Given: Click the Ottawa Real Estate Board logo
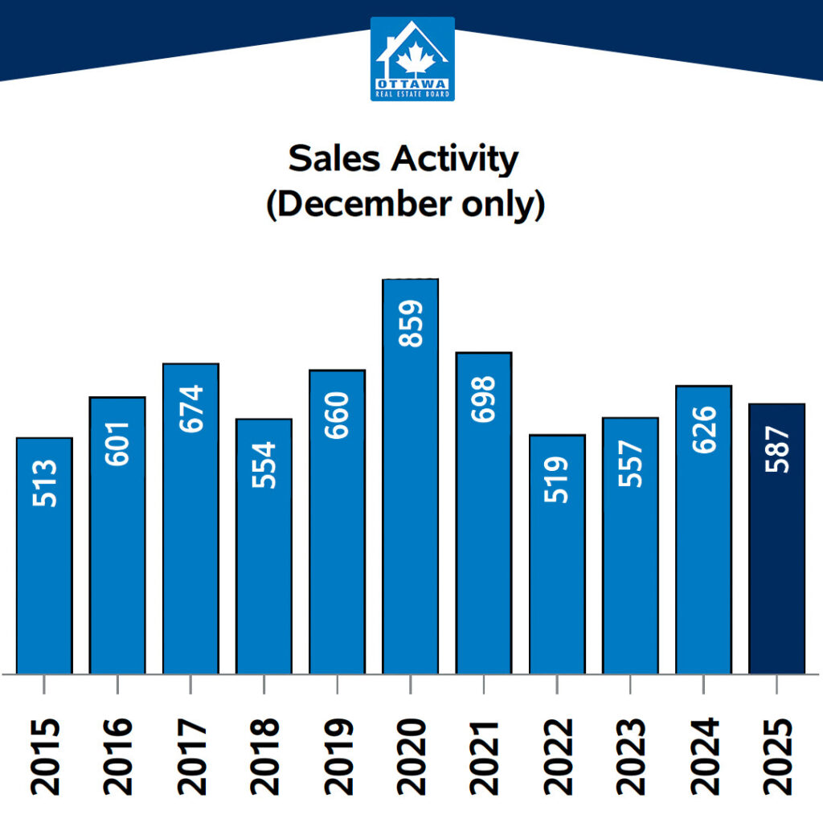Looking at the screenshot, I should [412, 59].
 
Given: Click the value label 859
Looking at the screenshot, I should [411, 323].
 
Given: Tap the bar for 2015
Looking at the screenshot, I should [44, 563].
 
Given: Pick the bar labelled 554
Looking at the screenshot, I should [264, 555].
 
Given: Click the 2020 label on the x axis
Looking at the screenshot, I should [411, 755].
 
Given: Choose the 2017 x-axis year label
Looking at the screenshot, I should [190, 755].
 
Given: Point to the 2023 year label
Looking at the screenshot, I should [631, 755].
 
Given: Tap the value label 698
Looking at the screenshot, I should [484, 400].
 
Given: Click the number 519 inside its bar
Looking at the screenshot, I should [557, 480].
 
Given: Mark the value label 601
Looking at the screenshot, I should [117, 444].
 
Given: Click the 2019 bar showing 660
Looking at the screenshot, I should [337, 530].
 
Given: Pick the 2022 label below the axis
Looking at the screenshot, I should [557, 755].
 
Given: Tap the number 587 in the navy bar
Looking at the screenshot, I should [777, 449].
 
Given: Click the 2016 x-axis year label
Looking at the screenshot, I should [117, 755].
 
